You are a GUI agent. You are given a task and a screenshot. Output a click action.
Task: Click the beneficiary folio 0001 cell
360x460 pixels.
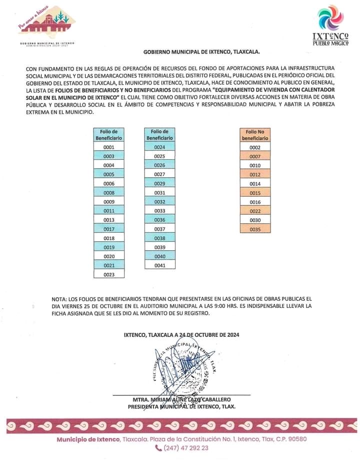click(109, 147)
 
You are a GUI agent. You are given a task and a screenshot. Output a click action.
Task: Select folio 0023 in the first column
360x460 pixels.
click(109, 274)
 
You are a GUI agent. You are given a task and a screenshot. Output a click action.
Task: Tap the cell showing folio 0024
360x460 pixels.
click(159, 147)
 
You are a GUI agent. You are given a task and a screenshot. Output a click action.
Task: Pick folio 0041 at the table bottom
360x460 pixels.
click(159, 265)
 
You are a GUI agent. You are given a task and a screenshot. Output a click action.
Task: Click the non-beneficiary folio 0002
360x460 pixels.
click(255, 147)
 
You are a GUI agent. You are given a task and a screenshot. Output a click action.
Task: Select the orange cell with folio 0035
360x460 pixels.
click(255, 229)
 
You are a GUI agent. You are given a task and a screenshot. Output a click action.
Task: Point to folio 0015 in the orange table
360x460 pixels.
click(255, 193)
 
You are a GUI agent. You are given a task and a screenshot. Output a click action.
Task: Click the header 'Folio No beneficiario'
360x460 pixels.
click(255, 135)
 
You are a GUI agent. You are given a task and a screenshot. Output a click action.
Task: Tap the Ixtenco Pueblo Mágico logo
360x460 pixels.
click(330, 25)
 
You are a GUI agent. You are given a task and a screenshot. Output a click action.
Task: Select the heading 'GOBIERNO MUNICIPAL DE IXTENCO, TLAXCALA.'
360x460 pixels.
click(201, 52)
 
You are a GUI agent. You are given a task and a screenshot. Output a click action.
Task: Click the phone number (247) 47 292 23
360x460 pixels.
click(186, 448)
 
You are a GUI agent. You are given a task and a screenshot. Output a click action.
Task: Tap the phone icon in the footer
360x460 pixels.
click(159, 448)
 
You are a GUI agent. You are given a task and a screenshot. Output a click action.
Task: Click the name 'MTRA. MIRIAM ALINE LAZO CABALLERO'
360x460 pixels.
click(181, 399)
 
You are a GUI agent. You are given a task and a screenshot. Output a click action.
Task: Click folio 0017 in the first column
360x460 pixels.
click(109, 229)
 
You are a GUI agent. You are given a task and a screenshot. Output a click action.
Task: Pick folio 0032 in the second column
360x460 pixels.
click(159, 202)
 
